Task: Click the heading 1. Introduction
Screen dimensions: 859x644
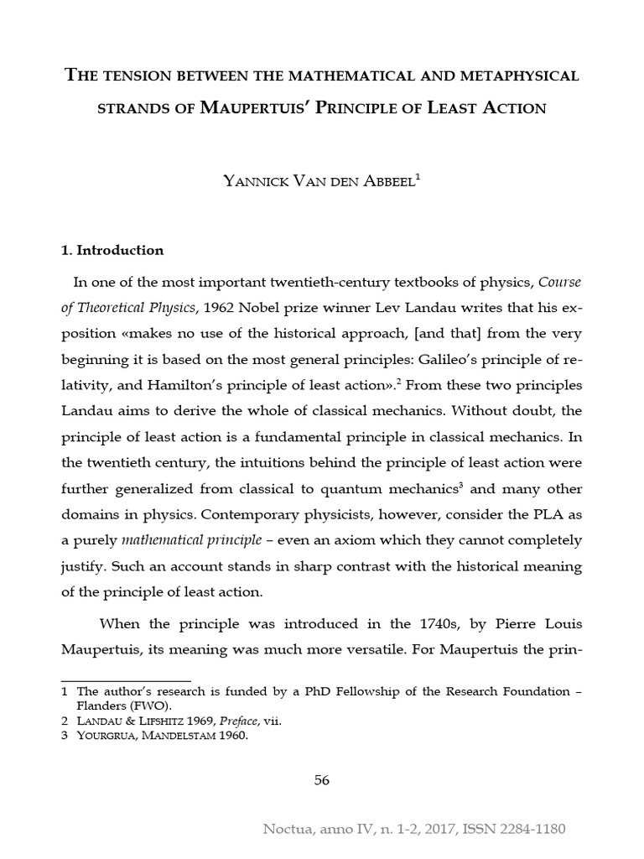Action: (x=113, y=250)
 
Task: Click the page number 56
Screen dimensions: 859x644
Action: (x=322, y=780)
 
